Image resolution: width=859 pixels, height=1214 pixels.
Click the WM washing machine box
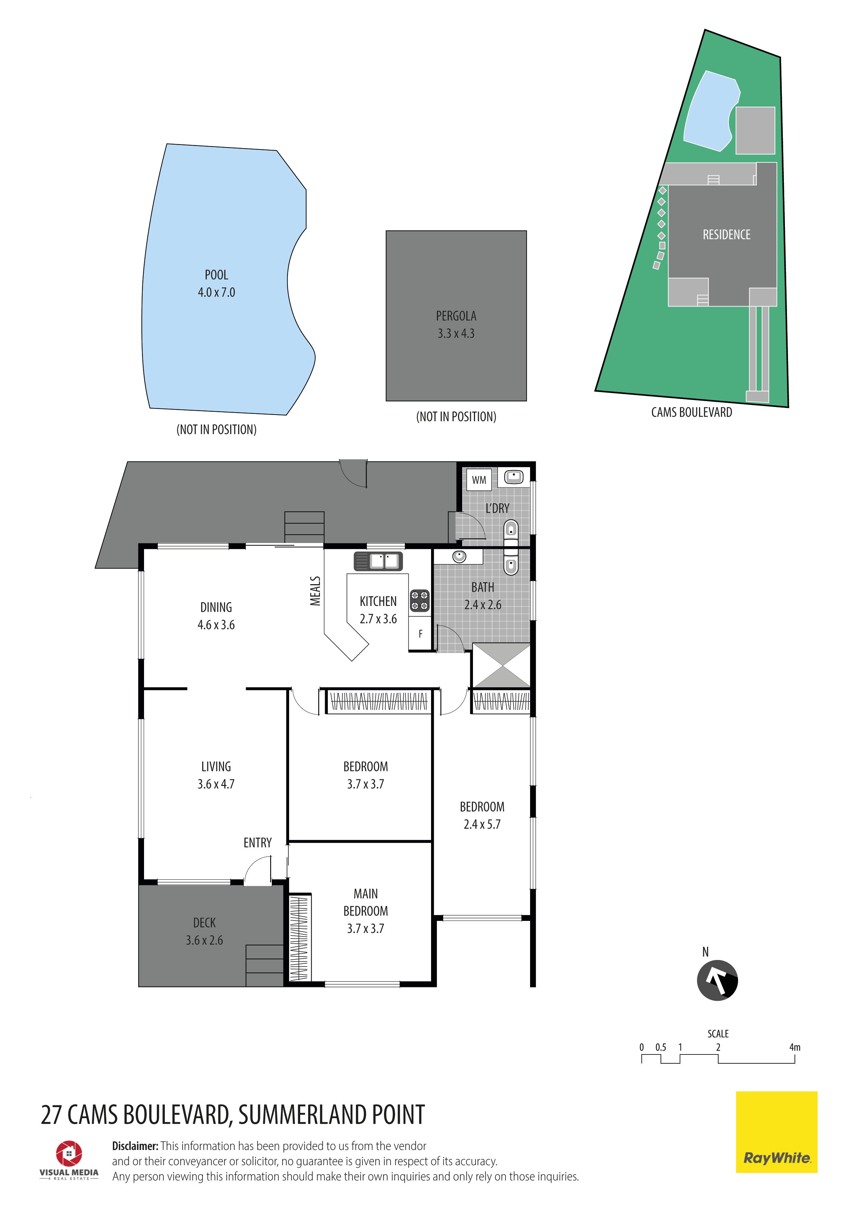click(479, 480)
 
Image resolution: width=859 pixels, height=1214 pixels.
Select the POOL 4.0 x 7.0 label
click(216, 283)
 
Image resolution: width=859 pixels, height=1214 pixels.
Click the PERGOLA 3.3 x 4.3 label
click(456, 325)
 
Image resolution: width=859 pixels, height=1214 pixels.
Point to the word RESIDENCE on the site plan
click(726, 234)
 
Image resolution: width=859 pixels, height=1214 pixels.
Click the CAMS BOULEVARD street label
click(691, 413)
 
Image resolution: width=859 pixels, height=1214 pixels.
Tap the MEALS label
click(315, 591)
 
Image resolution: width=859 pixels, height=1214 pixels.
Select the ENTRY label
click(258, 843)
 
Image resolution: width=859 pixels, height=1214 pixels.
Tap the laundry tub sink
click(513, 477)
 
